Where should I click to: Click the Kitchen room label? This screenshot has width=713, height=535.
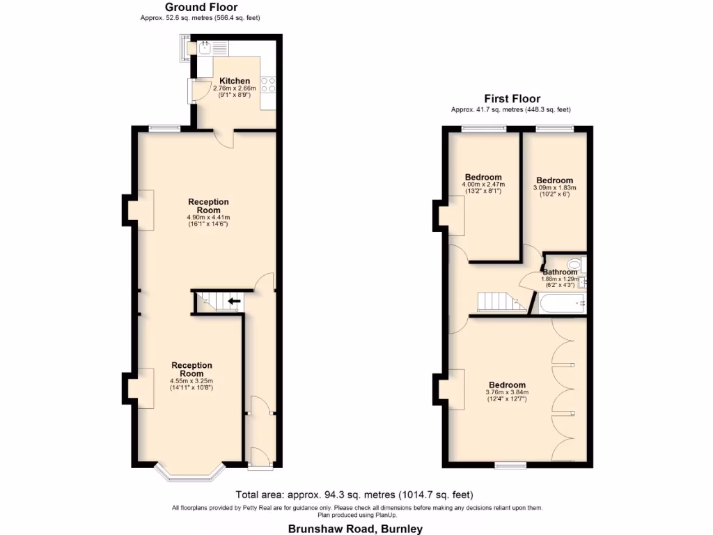tap(234, 81)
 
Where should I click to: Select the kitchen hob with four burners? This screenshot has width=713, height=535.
tap(270, 85)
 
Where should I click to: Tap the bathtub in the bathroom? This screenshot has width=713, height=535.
tap(561, 303)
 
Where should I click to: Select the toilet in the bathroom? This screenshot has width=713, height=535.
tap(575, 265)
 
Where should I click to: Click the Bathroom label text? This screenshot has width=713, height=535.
tap(560, 272)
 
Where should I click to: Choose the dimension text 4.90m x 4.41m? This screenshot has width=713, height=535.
tap(208, 217)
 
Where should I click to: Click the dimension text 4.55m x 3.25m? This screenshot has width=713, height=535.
tap(191, 381)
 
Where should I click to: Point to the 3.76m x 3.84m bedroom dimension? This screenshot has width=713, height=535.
tap(507, 392)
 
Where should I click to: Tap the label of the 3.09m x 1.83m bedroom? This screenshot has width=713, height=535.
tap(555, 180)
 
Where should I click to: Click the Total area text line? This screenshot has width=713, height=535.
tap(354, 495)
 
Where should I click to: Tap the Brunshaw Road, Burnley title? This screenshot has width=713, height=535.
tap(355, 529)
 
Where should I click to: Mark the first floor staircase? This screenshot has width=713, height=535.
tap(496, 302)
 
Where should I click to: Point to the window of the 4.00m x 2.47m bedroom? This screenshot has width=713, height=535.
tap(484, 128)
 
